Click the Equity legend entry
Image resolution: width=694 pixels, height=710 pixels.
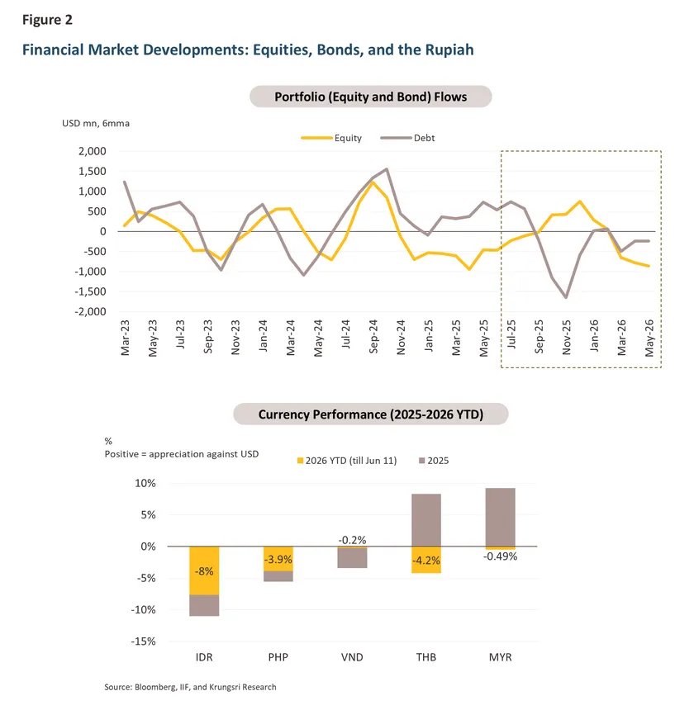(331, 138)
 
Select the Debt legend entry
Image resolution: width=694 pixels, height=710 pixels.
(407, 138)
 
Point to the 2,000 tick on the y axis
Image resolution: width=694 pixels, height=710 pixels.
(93, 151)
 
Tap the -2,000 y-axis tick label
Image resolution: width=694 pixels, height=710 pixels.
(91, 311)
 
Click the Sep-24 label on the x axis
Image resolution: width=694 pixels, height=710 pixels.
(373, 337)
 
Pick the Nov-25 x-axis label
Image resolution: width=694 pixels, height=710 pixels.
(566, 337)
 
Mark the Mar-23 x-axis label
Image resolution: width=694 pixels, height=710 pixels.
(125, 338)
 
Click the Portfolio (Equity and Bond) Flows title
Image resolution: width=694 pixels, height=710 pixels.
(371, 97)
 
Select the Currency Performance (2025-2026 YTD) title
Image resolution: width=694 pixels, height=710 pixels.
(371, 414)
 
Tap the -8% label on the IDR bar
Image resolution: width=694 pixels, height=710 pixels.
(204, 571)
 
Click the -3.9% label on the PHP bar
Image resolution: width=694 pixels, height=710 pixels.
(278, 559)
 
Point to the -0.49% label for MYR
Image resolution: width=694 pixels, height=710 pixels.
(500, 556)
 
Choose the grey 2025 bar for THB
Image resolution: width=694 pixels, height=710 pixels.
(426, 520)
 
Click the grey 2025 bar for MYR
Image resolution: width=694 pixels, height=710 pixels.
(500, 517)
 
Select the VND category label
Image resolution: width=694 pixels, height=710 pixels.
(352, 657)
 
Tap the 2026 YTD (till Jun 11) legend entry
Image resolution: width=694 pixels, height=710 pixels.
(347, 461)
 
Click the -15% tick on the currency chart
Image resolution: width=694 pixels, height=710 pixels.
(143, 641)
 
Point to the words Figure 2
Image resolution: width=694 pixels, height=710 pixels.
(47, 20)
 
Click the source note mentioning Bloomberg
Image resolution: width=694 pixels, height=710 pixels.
(190, 687)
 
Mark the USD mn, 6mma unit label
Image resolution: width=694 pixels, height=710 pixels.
(96, 123)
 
